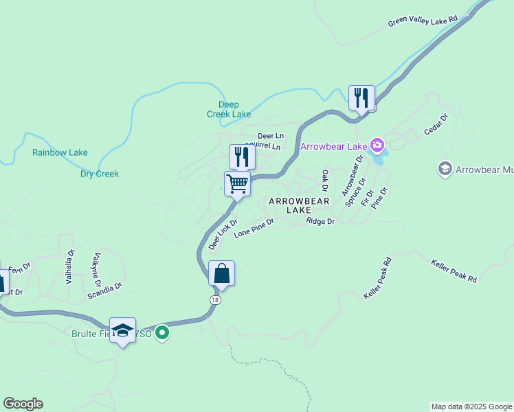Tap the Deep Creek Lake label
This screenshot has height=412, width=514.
click(x=229, y=109)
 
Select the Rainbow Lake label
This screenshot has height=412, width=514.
click(x=60, y=152)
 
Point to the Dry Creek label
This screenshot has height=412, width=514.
click(x=100, y=174)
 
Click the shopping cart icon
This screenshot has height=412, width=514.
click(x=237, y=184)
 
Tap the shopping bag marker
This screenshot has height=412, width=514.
click(x=221, y=274)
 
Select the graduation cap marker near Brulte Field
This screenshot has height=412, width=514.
click(x=123, y=331)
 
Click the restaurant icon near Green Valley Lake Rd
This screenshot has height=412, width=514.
click(x=361, y=98)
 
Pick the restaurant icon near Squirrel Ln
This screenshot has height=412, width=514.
click(x=242, y=157)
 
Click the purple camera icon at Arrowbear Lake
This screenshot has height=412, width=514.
click(x=377, y=146)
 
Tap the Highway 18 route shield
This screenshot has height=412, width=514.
click(x=216, y=299)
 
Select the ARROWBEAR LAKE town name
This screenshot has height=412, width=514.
click(x=299, y=205)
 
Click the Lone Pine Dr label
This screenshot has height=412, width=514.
click(x=254, y=228)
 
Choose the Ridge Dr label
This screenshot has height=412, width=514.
click(x=320, y=222)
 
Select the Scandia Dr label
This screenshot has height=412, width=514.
click(x=104, y=290)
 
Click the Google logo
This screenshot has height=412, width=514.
click(x=23, y=404)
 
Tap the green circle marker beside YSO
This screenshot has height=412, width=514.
click(x=162, y=334)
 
